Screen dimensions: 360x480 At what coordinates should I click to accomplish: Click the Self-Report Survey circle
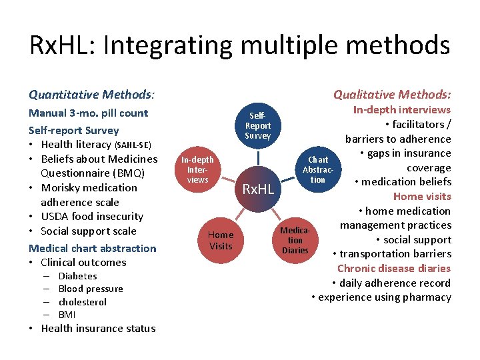click(x=258, y=125)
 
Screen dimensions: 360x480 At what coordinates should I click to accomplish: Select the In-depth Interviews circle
click(x=198, y=169)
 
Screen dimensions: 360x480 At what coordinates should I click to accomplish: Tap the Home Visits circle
click(x=221, y=240)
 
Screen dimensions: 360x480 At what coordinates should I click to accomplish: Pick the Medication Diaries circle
click(x=295, y=240)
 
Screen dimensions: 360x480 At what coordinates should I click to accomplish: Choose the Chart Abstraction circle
click(x=318, y=169)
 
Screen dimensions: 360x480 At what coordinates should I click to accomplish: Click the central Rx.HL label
click(x=258, y=189)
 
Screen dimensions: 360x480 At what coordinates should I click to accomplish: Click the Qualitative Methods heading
click(x=392, y=95)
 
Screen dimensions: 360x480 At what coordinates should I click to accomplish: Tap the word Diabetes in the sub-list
click(x=77, y=276)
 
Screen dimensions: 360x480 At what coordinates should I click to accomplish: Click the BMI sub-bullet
click(x=67, y=315)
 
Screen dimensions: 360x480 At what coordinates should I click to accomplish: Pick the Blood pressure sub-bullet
click(x=91, y=289)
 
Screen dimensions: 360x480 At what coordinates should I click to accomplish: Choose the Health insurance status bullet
click(x=98, y=328)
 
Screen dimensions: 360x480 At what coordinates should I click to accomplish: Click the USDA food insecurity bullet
click(x=92, y=217)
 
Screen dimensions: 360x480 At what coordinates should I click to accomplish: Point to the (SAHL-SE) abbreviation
click(x=133, y=145)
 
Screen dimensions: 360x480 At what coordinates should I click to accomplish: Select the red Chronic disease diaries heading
click(x=394, y=268)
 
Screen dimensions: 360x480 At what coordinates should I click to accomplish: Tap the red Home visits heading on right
click(x=422, y=196)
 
